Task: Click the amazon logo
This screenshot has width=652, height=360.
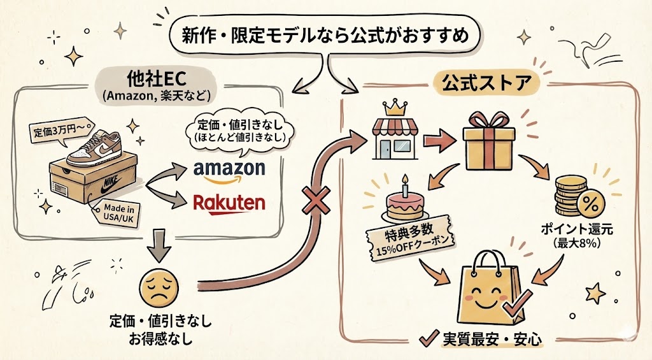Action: [228, 169]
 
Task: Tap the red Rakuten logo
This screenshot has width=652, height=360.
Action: [229, 203]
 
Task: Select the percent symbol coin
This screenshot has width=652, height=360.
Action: [590, 204]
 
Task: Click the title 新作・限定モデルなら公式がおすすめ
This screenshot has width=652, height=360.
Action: [325, 36]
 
